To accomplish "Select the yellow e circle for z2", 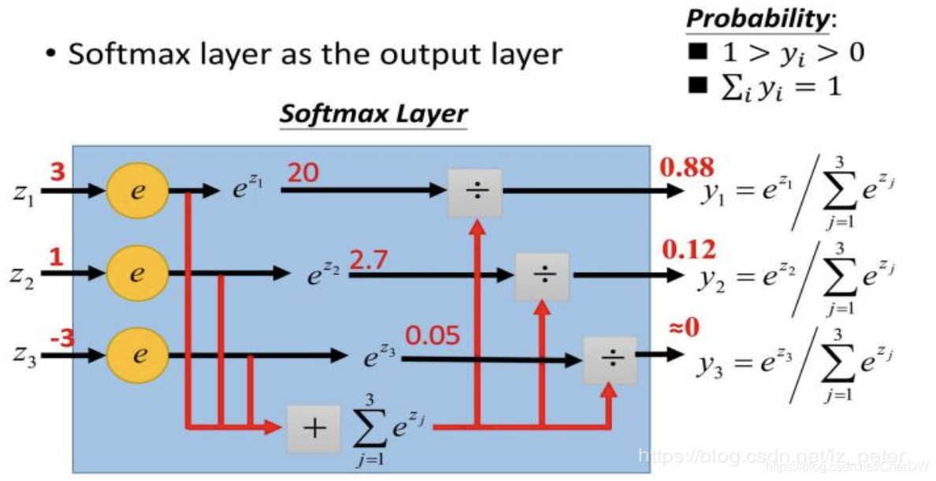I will click(137, 274).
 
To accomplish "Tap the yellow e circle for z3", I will click(137, 355).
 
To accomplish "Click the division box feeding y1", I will click(475, 192).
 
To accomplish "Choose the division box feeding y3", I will click(610, 360).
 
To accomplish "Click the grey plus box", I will click(314, 428).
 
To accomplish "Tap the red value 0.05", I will click(433, 336).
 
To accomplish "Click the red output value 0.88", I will click(687, 167).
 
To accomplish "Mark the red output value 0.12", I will click(689, 250).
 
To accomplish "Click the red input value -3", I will click(61, 338).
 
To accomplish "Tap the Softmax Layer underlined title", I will click(374, 114).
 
